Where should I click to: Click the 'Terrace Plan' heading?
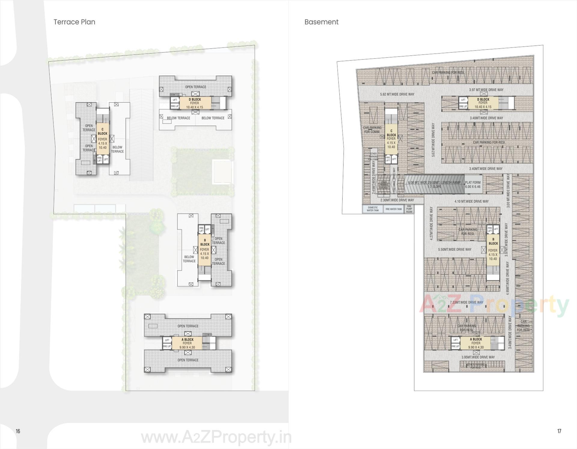(x=74, y=22)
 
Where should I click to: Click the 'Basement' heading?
(x=321, y=22)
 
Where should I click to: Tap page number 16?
(x=18, y=431)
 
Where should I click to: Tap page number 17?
(x=559, y=431)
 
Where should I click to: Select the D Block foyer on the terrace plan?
(x=195, y=103)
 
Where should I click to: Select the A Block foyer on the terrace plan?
(x=187, y=343)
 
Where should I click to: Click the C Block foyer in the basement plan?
(x=391, y=139)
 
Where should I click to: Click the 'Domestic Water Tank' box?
(x=373, y=209)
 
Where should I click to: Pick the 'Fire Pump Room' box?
(x=409, y=209)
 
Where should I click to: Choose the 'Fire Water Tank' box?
(x=394, y=209)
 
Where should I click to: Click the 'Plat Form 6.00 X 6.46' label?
(x=473, y=184)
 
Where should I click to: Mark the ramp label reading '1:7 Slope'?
(x=435, y=186)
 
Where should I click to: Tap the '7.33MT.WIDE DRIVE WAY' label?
(x=466, y=302)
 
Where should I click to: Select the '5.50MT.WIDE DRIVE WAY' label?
(x=454, y=249)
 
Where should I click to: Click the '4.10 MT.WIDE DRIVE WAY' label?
(x=471, y=201)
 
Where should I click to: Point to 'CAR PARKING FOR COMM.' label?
(x=372, y=130)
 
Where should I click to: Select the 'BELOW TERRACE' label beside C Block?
(x=117, y=149)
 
